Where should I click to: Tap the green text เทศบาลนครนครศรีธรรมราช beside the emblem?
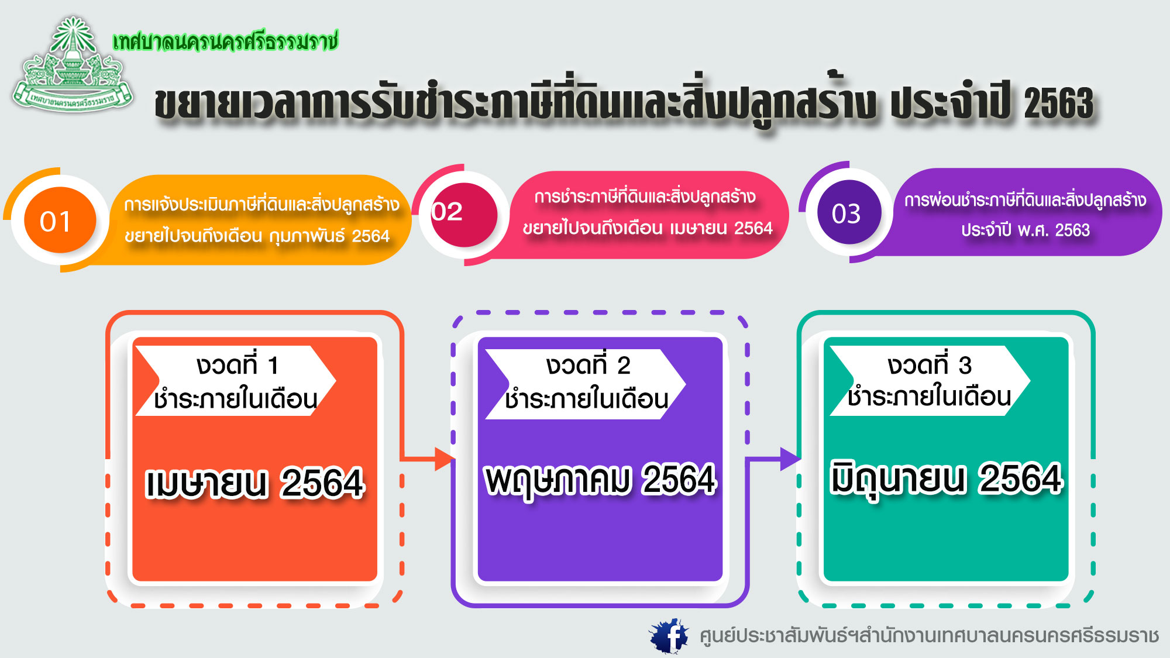pyautogui.click(x=226, y=42)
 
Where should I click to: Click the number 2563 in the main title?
pyautogui.click(x=1059, y=104)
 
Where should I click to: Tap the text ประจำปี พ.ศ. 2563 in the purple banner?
pyautogui.click(x=1026, y=230)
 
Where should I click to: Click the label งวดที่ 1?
pyautogui.click(x=238, y=365)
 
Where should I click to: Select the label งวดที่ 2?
pyautogui.click(x=588, y=365)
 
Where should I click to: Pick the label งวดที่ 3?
pyautogui.click(x=930, y=365)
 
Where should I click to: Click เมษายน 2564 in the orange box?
pyautogui.click(x=254, y=483)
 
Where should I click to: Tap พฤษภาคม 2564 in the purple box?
pyautogui.click(x=601, y=480)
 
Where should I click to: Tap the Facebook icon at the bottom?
pyautogui.click(x=669, y=636)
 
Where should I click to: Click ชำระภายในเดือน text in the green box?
pyautogui.click(x=929, y=397)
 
